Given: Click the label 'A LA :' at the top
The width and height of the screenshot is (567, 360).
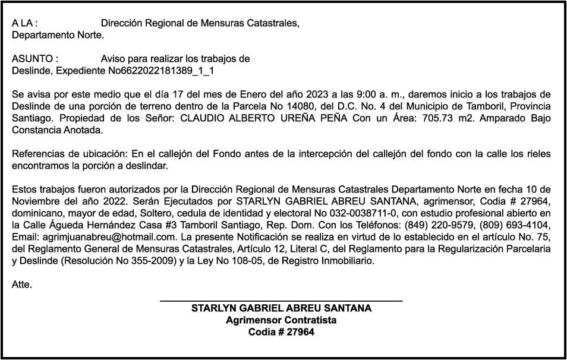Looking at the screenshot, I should (25, 24).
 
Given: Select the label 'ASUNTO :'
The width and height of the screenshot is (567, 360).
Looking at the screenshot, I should (35, 59).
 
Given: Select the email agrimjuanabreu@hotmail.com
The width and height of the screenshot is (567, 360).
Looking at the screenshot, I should (102, 237).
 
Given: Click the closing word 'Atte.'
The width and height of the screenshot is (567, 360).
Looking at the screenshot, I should (22, 285).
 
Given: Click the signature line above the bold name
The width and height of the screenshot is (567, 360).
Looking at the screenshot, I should (281, 302).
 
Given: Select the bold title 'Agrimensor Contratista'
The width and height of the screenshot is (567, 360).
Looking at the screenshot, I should (281, 320).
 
